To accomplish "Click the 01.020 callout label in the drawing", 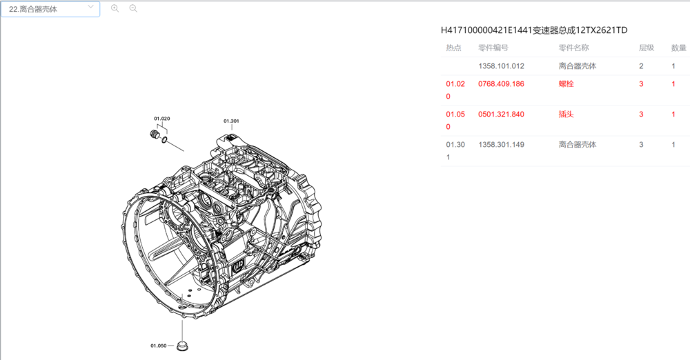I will pos(161,119).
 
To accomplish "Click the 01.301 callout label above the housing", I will pos(231,121).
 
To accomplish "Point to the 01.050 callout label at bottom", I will pos(158,345).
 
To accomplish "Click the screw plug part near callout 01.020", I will pos(155,134).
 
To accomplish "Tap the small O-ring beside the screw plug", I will pos(164,140).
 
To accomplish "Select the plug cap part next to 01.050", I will pos(182,344).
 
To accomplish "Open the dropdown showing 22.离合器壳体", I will pos(50,9).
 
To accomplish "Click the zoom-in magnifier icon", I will pos(115,8).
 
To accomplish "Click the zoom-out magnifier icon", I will pos(133,8).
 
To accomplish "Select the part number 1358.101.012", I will pos(501,66).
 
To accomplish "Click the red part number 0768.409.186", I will pos(501,84).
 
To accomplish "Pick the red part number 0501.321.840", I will pos(501,114).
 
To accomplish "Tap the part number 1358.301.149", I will pos(501,145).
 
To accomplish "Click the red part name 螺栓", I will pos(566,84).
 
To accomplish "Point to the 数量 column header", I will pos(678,48).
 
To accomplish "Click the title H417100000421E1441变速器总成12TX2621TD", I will pos(534,30).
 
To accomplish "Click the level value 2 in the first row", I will pos(641,66).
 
